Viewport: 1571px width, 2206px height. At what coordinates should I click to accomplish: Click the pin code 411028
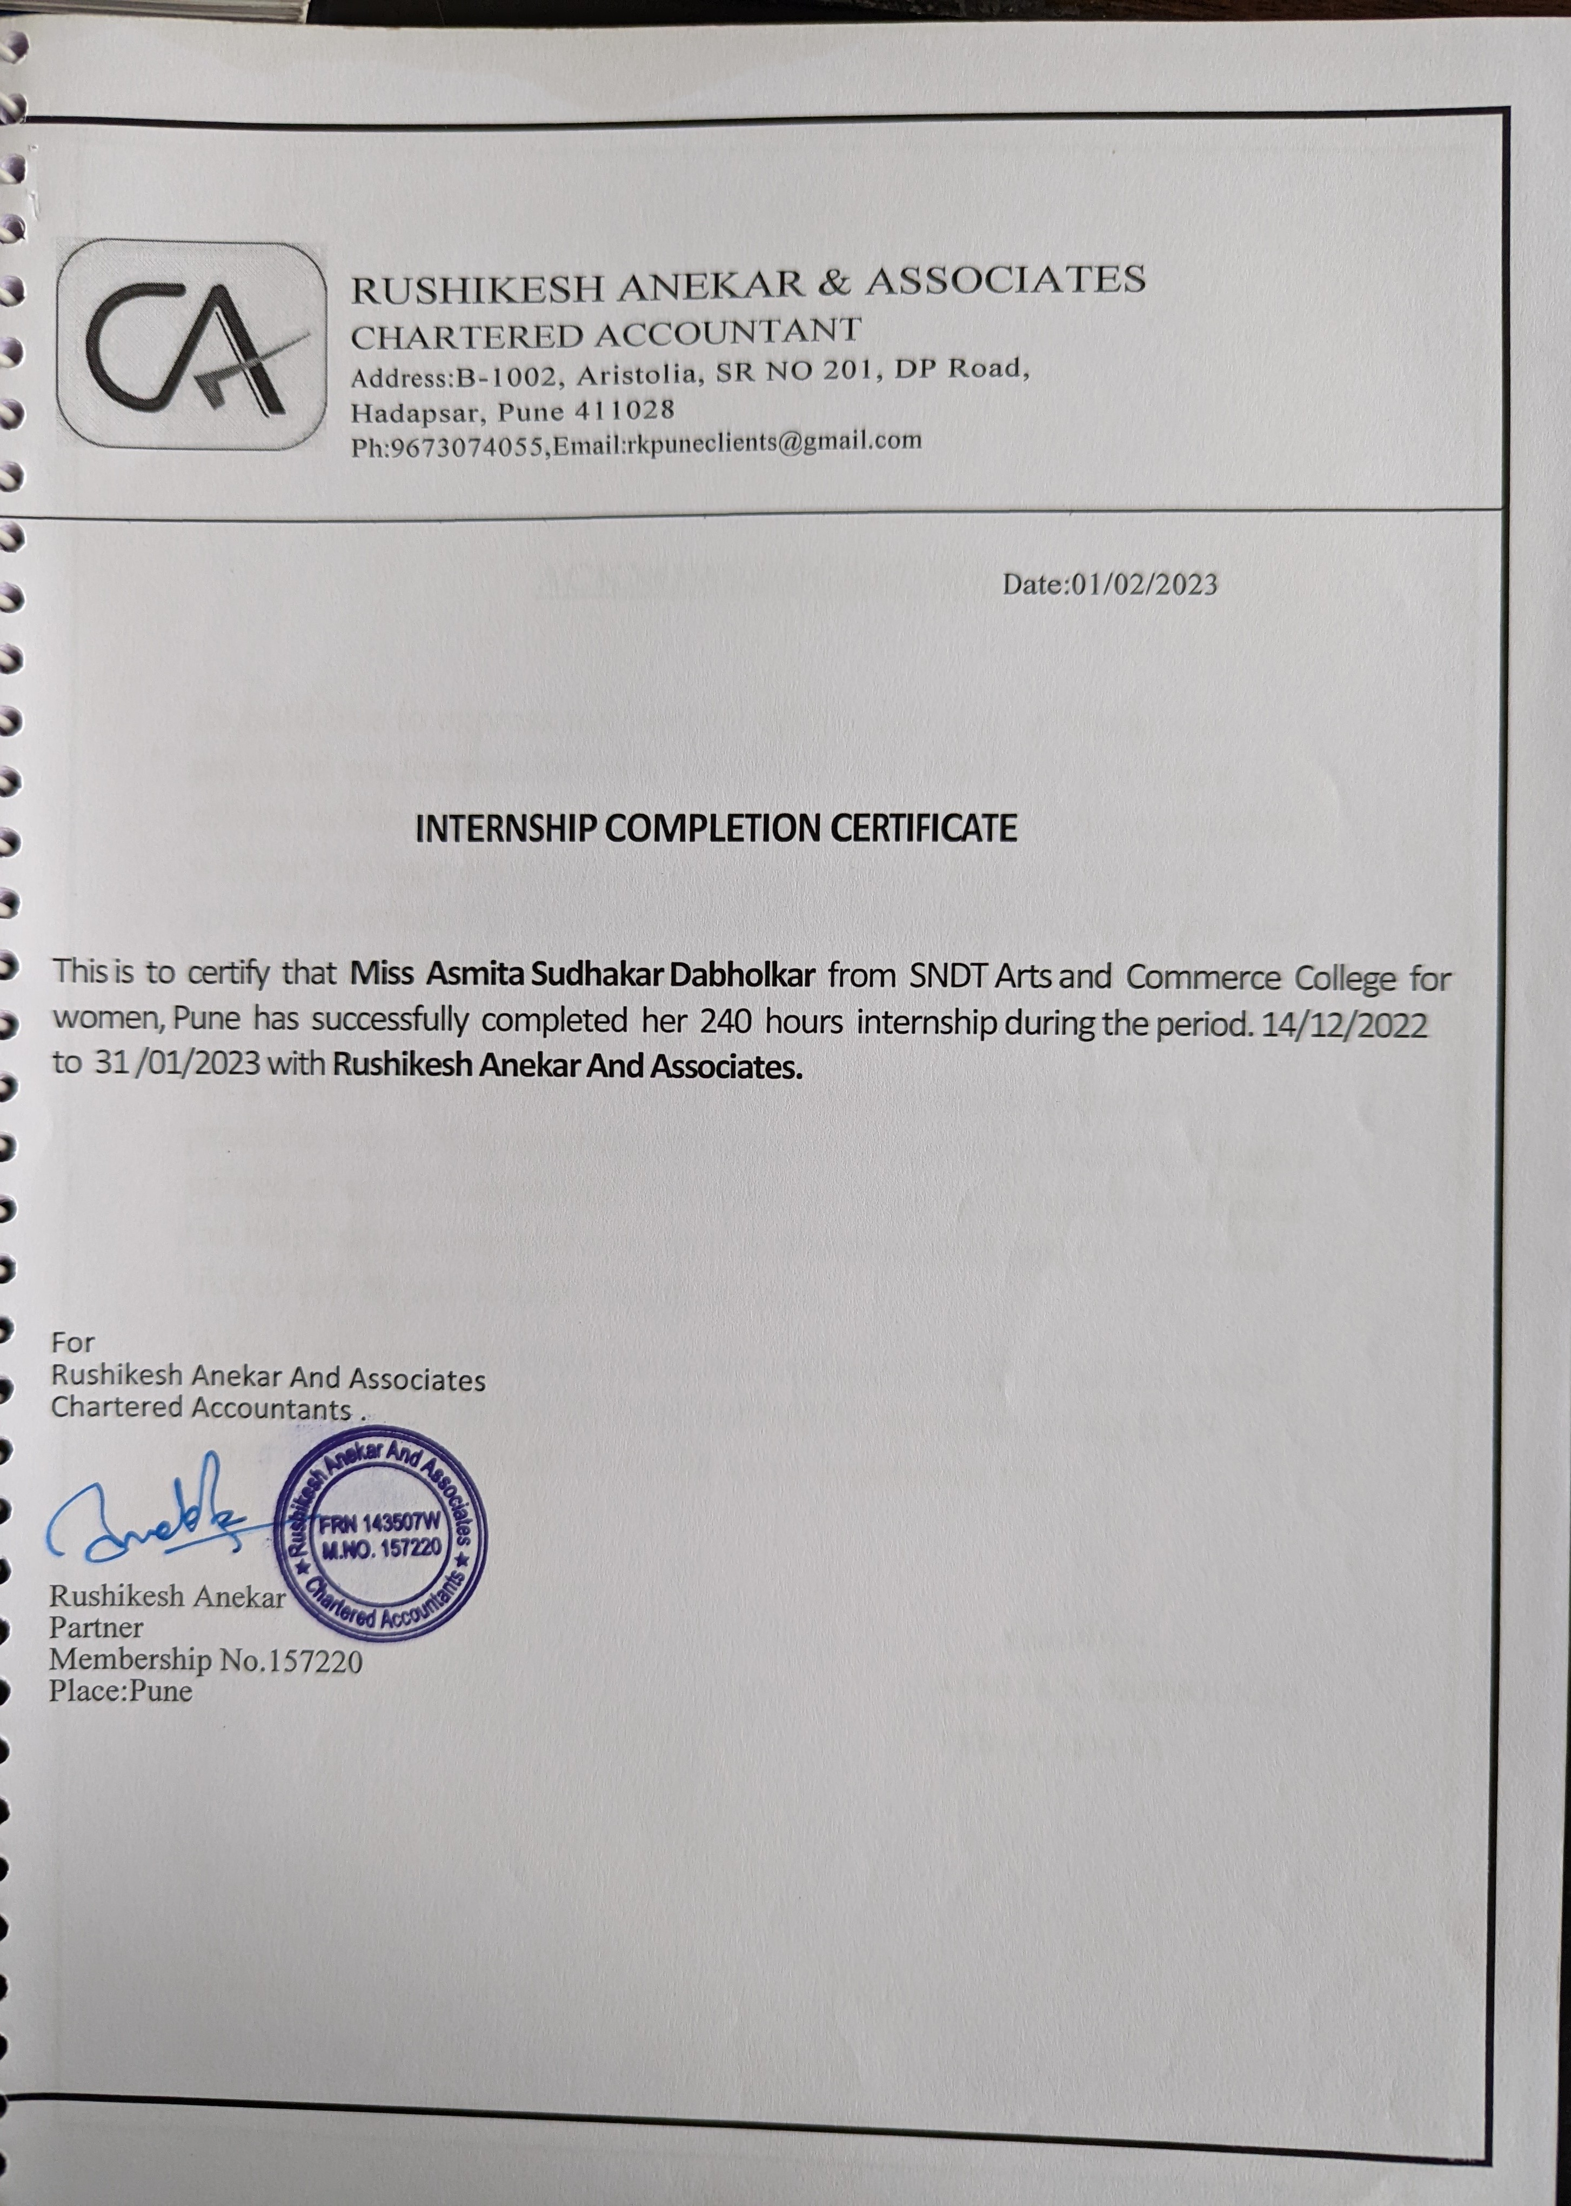(624, 410)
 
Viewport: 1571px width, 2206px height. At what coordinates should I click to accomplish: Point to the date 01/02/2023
(1144, 584)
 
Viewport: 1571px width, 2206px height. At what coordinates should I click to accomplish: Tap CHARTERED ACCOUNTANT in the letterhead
(605, 334)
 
